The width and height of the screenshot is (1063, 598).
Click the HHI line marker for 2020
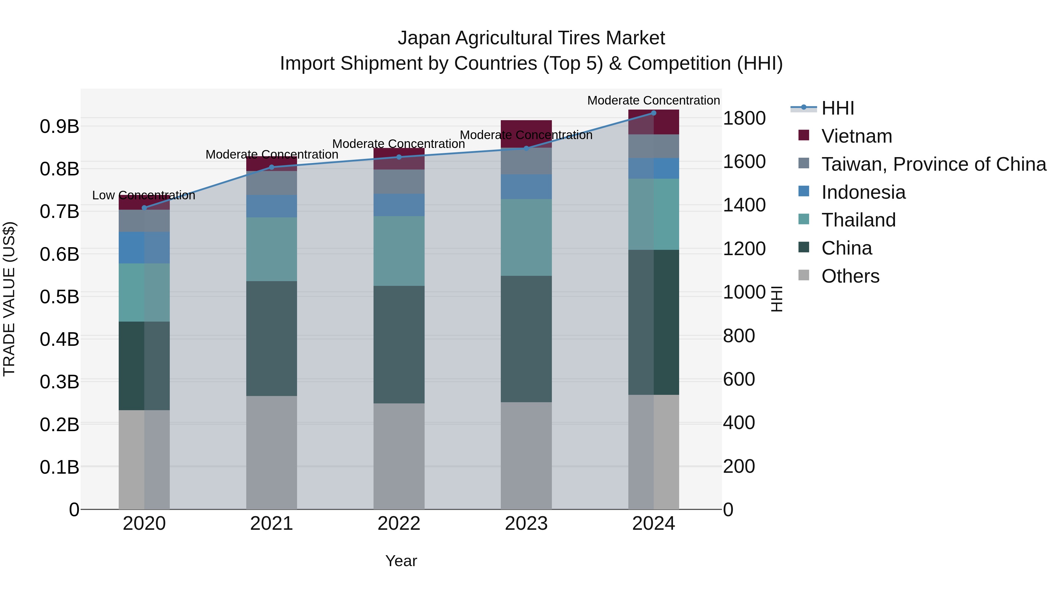(144, 208)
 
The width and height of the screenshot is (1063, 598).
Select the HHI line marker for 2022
(399, 157)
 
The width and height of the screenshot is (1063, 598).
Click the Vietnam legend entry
(857, 136)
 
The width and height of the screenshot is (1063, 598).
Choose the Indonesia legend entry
(863, 192)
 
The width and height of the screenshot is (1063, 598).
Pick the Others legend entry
(850, 276)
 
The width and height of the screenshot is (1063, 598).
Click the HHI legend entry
(838, 108)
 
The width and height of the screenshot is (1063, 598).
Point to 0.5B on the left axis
(59, 297)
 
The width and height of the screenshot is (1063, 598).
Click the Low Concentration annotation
(144, 195)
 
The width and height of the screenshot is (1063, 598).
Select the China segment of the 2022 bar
(399, 344)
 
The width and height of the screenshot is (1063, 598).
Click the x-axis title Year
(401, 561)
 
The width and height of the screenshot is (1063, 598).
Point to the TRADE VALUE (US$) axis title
(9, 299)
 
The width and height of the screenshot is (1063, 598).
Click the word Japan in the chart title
(423, 38)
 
